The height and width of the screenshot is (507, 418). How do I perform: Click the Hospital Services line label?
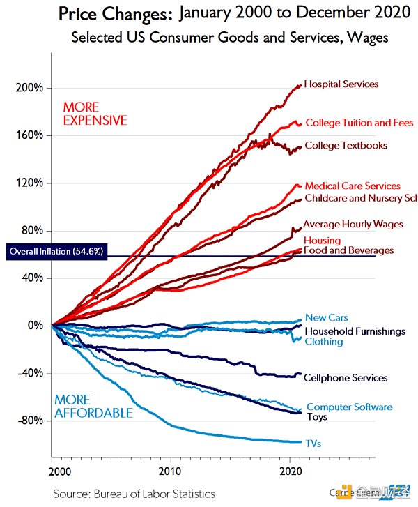(x=341, y=84)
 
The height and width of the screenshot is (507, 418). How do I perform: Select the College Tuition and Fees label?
(x=359, y=123)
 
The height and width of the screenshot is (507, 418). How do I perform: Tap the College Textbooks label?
(x=346, y=146)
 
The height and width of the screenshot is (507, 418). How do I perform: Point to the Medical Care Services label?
(x=353, y=186)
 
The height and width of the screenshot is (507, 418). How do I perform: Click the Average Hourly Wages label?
(x=353, y=225)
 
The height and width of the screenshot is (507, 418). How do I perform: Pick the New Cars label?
(x=326, y=318)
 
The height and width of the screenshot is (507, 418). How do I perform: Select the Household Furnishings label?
(x=355, y=331)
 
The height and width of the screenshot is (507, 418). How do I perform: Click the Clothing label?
(x=323, y=342)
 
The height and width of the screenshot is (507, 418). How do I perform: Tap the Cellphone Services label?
(x=345, y=378)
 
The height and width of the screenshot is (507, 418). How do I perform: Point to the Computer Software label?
(x=349, y=407)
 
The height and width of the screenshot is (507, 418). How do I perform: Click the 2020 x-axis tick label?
(x=291, y=471)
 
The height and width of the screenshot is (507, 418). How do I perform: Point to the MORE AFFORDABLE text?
(x=93, y=407)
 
